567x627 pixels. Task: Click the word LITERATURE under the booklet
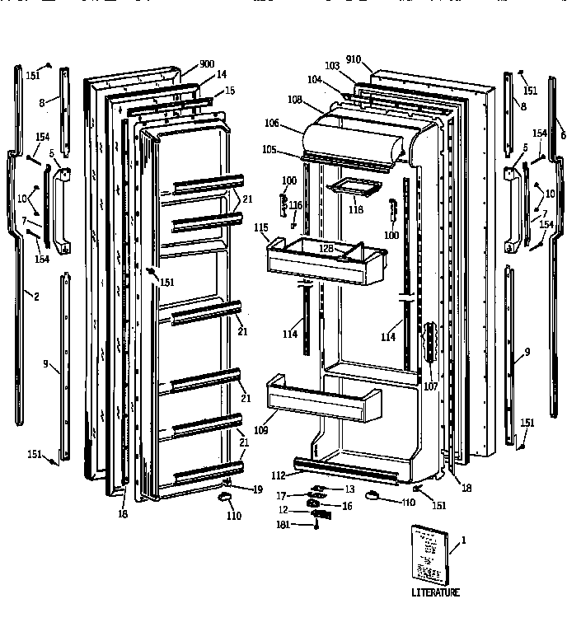(436, 592)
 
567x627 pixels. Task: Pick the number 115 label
(261, 227)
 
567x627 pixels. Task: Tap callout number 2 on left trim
(35, 295)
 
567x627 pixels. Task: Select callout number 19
(256, 489)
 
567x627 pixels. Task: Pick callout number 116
(296, 204)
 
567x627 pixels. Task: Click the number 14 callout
(220, 75)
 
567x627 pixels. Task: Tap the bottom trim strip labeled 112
(346, 470)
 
